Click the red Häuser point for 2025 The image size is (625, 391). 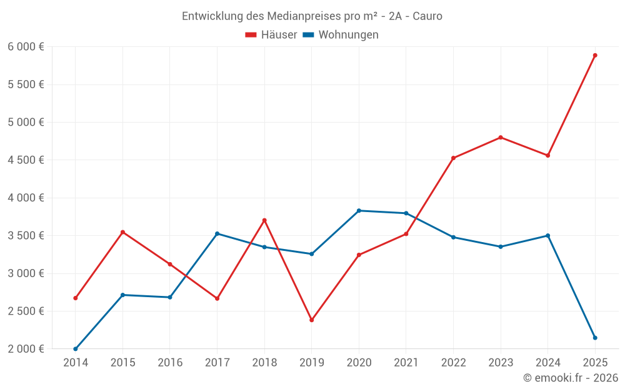point(595,55)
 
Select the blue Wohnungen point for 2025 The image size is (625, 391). point(595,338)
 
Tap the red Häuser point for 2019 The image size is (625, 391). point(311,320)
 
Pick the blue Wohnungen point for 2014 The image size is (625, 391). point(76,348)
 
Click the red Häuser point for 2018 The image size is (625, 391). point(264,220)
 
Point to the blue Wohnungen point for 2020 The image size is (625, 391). point(359,211)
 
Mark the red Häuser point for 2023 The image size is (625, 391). point(501,138)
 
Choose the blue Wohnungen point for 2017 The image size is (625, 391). point(217,233)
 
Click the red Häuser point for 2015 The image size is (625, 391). point(122,232)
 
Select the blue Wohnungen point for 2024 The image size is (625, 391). point(547,236)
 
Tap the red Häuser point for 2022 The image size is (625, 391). point(453,158)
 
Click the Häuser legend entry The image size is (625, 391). point(271,35)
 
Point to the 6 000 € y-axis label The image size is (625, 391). point(26,47)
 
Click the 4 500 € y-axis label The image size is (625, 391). point(26,160)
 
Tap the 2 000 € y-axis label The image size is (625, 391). point(26,348)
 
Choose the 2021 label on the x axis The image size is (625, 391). point(406,363)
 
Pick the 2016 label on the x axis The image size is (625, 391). point(170,363)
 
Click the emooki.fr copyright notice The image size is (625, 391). point(570,378)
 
